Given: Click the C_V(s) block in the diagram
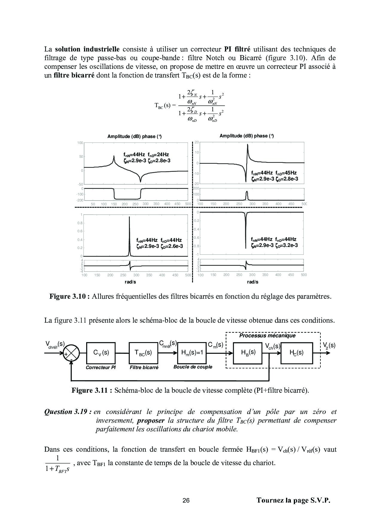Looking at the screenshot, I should pos(101,353).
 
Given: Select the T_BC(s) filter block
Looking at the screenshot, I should pos(143,353).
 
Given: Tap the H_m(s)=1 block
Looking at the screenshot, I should pos(192,353).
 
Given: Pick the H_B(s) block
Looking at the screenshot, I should pos(248,353).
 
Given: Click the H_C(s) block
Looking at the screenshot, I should pos(296,353).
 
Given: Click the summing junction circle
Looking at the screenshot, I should pos(72,353).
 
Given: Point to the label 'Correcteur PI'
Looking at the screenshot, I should pos(101,368).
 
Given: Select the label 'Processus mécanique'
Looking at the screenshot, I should pos(267,336).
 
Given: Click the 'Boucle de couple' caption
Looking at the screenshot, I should pos(193,367).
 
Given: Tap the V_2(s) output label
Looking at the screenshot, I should pos(329,345).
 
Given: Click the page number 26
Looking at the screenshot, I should pos(186,500).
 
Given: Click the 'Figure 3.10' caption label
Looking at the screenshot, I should pos(69,297).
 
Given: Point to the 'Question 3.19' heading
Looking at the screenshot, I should pos(68,412).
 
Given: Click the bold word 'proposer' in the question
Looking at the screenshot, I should pos(151,421).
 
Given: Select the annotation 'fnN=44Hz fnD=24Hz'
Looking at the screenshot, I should pos(146,155).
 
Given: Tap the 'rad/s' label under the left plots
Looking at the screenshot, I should pos(128,282).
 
